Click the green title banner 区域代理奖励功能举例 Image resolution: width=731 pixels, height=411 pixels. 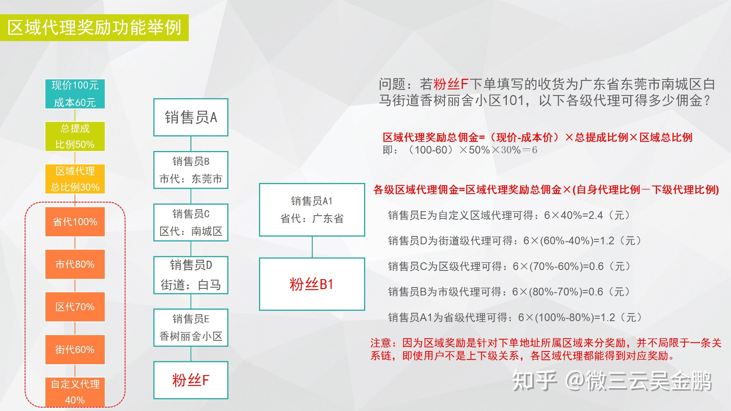94,28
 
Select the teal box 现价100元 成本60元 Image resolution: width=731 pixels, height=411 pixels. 75,94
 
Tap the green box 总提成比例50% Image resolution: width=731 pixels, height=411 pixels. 75,136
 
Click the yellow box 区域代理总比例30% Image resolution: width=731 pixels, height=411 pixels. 75,179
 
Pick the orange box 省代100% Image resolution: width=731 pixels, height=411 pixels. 75,222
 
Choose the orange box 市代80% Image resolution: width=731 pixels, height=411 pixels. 75,264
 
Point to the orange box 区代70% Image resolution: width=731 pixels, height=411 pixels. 75,307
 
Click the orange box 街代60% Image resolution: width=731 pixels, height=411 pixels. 75,349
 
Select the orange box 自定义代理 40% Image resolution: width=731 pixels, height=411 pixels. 75,392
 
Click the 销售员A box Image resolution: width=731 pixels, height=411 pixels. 191,117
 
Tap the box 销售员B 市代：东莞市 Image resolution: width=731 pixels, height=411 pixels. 191,170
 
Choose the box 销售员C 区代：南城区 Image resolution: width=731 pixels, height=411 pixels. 191,222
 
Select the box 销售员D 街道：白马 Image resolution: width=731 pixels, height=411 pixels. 191,275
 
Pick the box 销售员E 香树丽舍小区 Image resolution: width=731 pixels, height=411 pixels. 191,328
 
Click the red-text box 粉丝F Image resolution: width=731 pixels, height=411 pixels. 191,380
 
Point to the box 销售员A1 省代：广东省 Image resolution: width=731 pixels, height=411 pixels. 312,210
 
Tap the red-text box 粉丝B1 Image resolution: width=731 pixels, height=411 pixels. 312,284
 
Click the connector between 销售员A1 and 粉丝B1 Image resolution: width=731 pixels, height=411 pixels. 312,247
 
